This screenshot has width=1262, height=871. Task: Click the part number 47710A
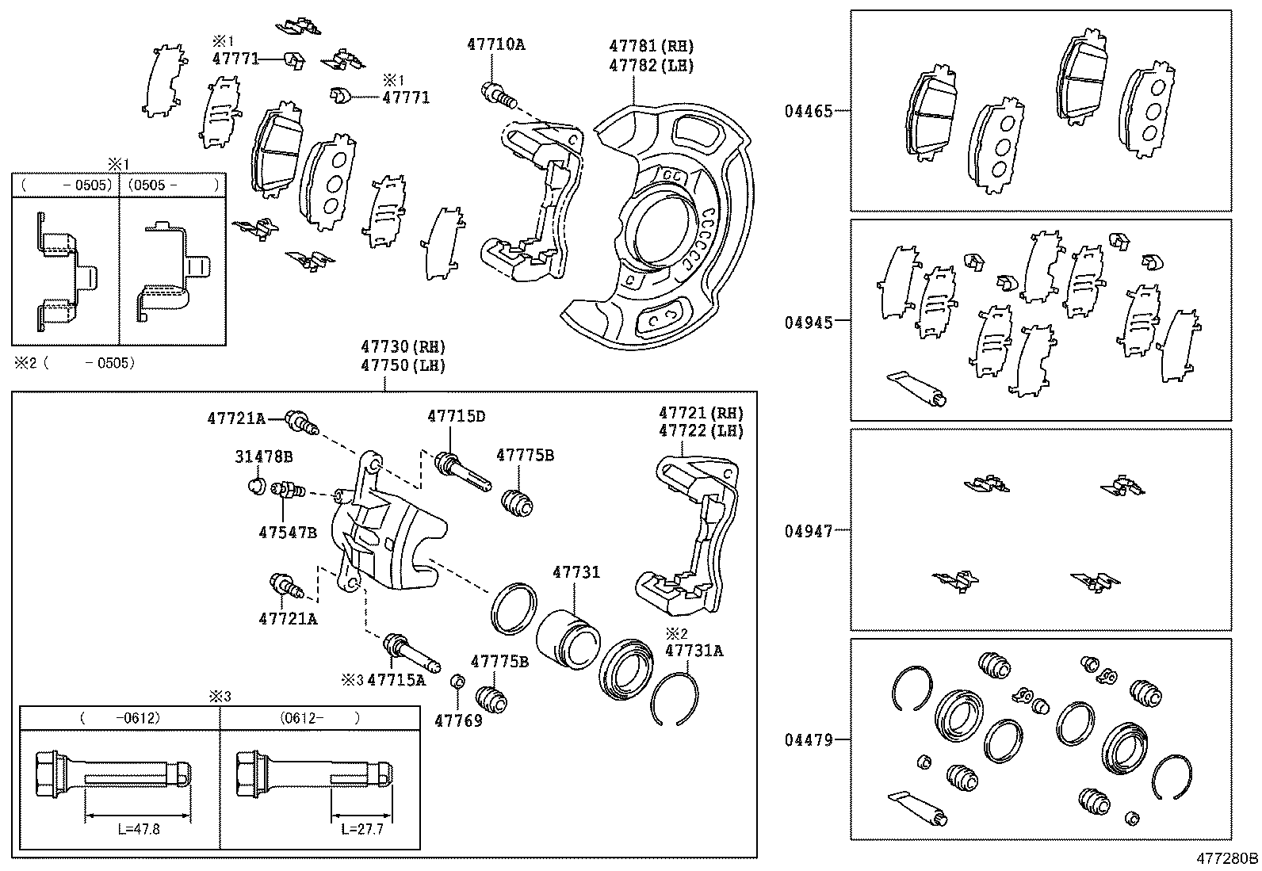[495, 44]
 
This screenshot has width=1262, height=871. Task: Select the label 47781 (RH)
[651, 46]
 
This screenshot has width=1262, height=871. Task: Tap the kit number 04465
[809, 111]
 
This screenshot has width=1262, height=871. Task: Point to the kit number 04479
[809, 740]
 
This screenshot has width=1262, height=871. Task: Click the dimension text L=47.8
[138, 829]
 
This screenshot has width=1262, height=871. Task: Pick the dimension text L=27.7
[361, 829]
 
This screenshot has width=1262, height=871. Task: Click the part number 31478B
[263, 457]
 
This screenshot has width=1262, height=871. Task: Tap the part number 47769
[458, 721]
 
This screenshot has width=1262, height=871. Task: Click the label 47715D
[456, 416]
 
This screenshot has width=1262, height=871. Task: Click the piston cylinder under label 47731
[568, 637]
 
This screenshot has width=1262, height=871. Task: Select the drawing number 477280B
[1227, 858]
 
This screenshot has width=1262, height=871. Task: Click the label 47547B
[287, 533]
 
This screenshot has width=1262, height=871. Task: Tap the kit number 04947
[809, 531]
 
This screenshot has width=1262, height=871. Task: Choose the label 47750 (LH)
[403, 365]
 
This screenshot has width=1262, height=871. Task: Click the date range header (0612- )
[319, 718]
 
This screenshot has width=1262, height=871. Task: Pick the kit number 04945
[809, 322]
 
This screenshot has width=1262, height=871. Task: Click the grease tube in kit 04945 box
[916, 386]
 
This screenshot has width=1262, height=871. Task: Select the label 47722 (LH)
[701, 431]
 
